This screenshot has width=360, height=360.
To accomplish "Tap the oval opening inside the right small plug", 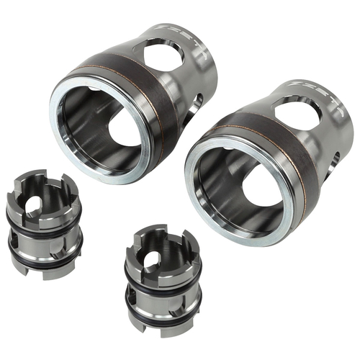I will (151, 264).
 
